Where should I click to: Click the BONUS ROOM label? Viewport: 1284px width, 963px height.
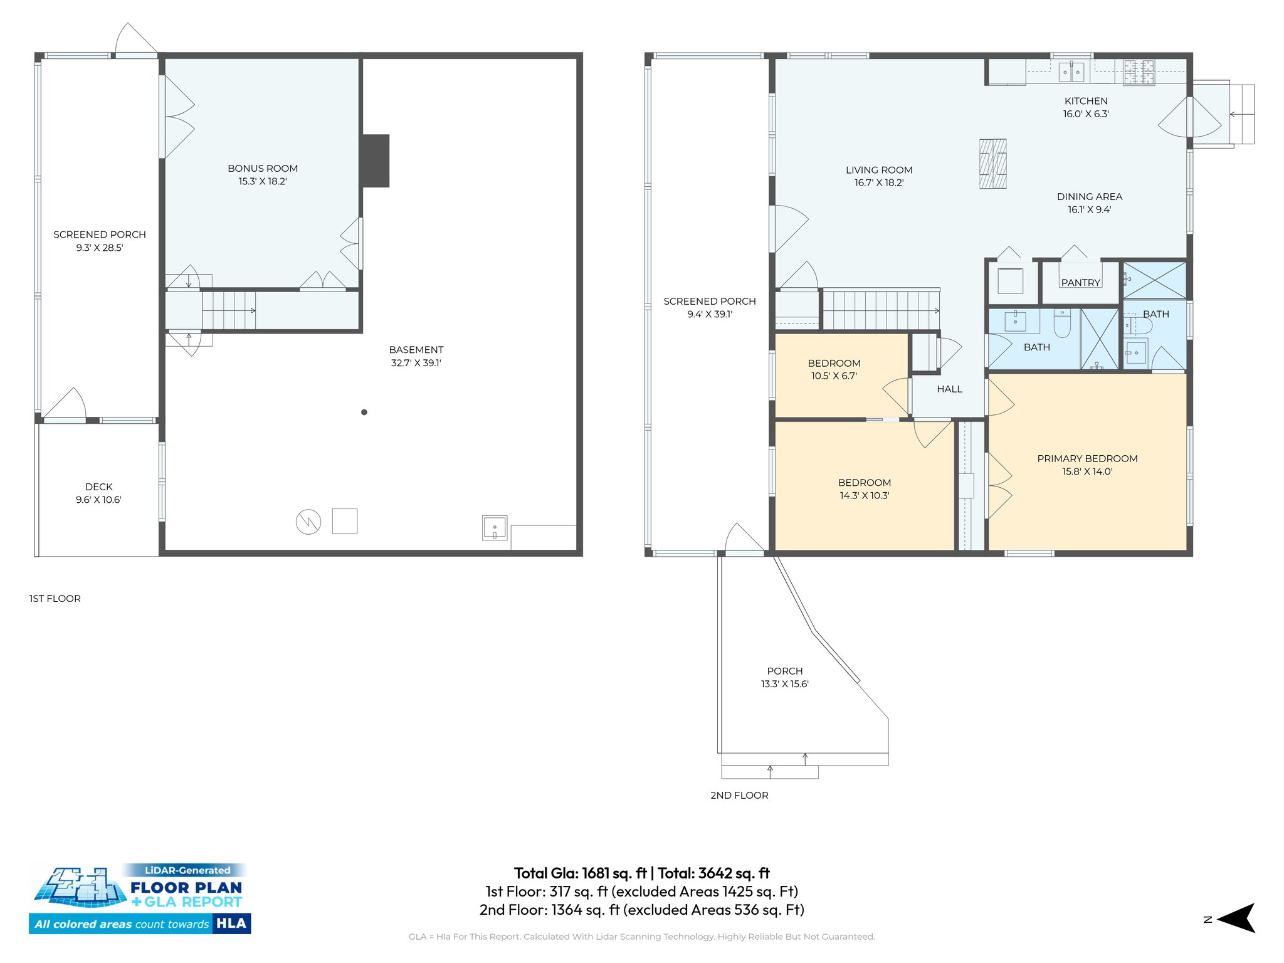(x=262, y=168)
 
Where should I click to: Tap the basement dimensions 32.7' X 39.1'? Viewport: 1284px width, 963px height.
(x=416, y=363)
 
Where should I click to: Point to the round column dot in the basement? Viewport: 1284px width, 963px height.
(x=364, y=412)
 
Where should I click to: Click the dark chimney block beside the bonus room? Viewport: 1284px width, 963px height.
(x=376, y=160)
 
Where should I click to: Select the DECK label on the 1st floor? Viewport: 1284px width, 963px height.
(x=98, y=487)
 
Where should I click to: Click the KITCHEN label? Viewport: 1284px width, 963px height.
(x=1085, y=101)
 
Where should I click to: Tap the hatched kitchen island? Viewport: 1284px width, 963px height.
(x=992, y=164)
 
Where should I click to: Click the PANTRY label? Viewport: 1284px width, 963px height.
(x=1080, y=283)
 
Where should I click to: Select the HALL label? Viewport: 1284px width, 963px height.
(x=949, y=389)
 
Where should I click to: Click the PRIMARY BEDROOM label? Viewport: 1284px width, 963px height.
(x=1087, y=458)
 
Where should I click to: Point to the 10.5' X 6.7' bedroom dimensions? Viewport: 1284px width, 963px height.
(x=833, y=376)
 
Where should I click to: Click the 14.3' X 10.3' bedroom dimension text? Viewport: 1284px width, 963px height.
(x=864, y=496)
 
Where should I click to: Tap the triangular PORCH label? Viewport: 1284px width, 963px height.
(x=784, y=671)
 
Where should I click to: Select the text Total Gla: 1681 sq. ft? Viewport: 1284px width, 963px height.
(x=580, y=873)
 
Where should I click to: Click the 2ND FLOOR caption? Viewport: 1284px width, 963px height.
(x=739, y=795)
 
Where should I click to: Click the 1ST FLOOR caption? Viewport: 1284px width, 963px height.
(x=55, y=599)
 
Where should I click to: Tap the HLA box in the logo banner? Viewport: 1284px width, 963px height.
(x=231, y=924)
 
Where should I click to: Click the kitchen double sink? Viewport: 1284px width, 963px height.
(x=1071, y=72)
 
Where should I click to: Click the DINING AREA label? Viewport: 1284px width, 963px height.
(x=1089, y=197)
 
